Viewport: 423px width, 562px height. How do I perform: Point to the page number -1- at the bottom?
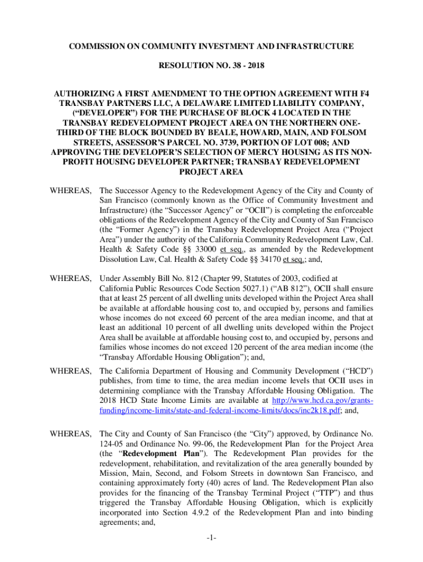(211, 538)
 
